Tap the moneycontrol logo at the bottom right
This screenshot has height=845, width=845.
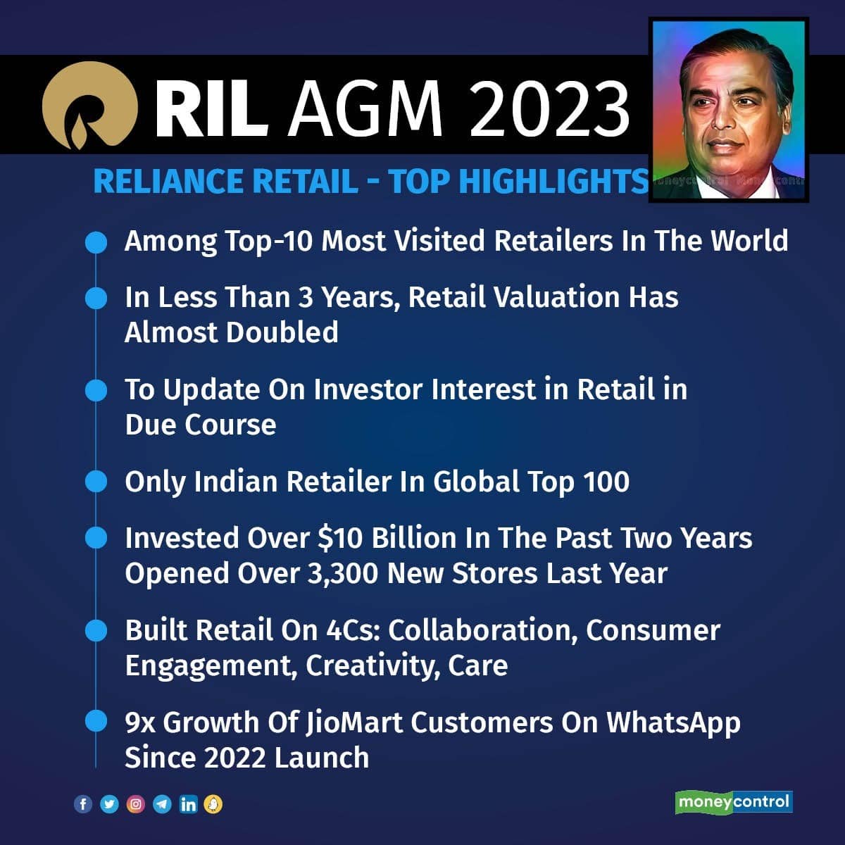pos(734,802)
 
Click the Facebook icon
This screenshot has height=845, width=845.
pos(83,804)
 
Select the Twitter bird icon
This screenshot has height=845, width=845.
pos(109,804)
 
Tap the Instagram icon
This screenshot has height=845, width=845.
pos(135,804)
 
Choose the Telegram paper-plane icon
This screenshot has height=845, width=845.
pos(162,804)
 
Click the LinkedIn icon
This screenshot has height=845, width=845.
pos(188,804)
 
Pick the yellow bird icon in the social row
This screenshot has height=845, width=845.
pos(213,804)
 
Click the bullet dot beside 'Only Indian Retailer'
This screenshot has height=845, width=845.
pos(95,482)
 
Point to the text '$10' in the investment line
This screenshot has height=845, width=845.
pos(341,538)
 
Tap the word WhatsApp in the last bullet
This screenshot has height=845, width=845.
pos(673,722)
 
